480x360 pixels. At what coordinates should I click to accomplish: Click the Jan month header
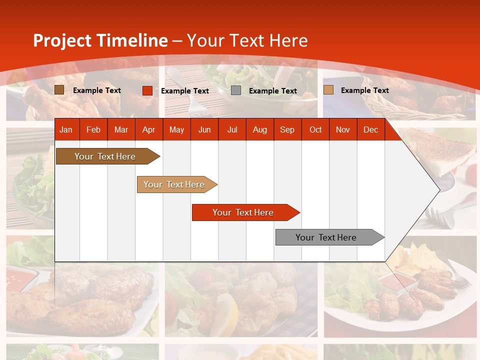66,129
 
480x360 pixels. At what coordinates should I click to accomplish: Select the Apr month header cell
148,129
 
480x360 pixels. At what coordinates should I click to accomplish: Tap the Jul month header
232,129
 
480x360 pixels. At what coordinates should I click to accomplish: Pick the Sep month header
287,129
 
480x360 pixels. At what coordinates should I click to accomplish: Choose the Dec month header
370,129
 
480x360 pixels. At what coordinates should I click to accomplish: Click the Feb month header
93,129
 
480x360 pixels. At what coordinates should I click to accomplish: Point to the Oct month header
315,129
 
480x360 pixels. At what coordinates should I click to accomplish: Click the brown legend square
59,90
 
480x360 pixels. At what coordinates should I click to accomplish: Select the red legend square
147,90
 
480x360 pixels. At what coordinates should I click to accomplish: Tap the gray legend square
236,90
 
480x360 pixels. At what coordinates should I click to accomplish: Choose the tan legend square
328,90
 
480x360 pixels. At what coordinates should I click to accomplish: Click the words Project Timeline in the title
100,40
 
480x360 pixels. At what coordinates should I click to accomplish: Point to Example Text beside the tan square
364,90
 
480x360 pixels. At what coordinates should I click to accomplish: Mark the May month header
176,129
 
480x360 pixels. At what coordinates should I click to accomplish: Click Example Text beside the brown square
96,90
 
